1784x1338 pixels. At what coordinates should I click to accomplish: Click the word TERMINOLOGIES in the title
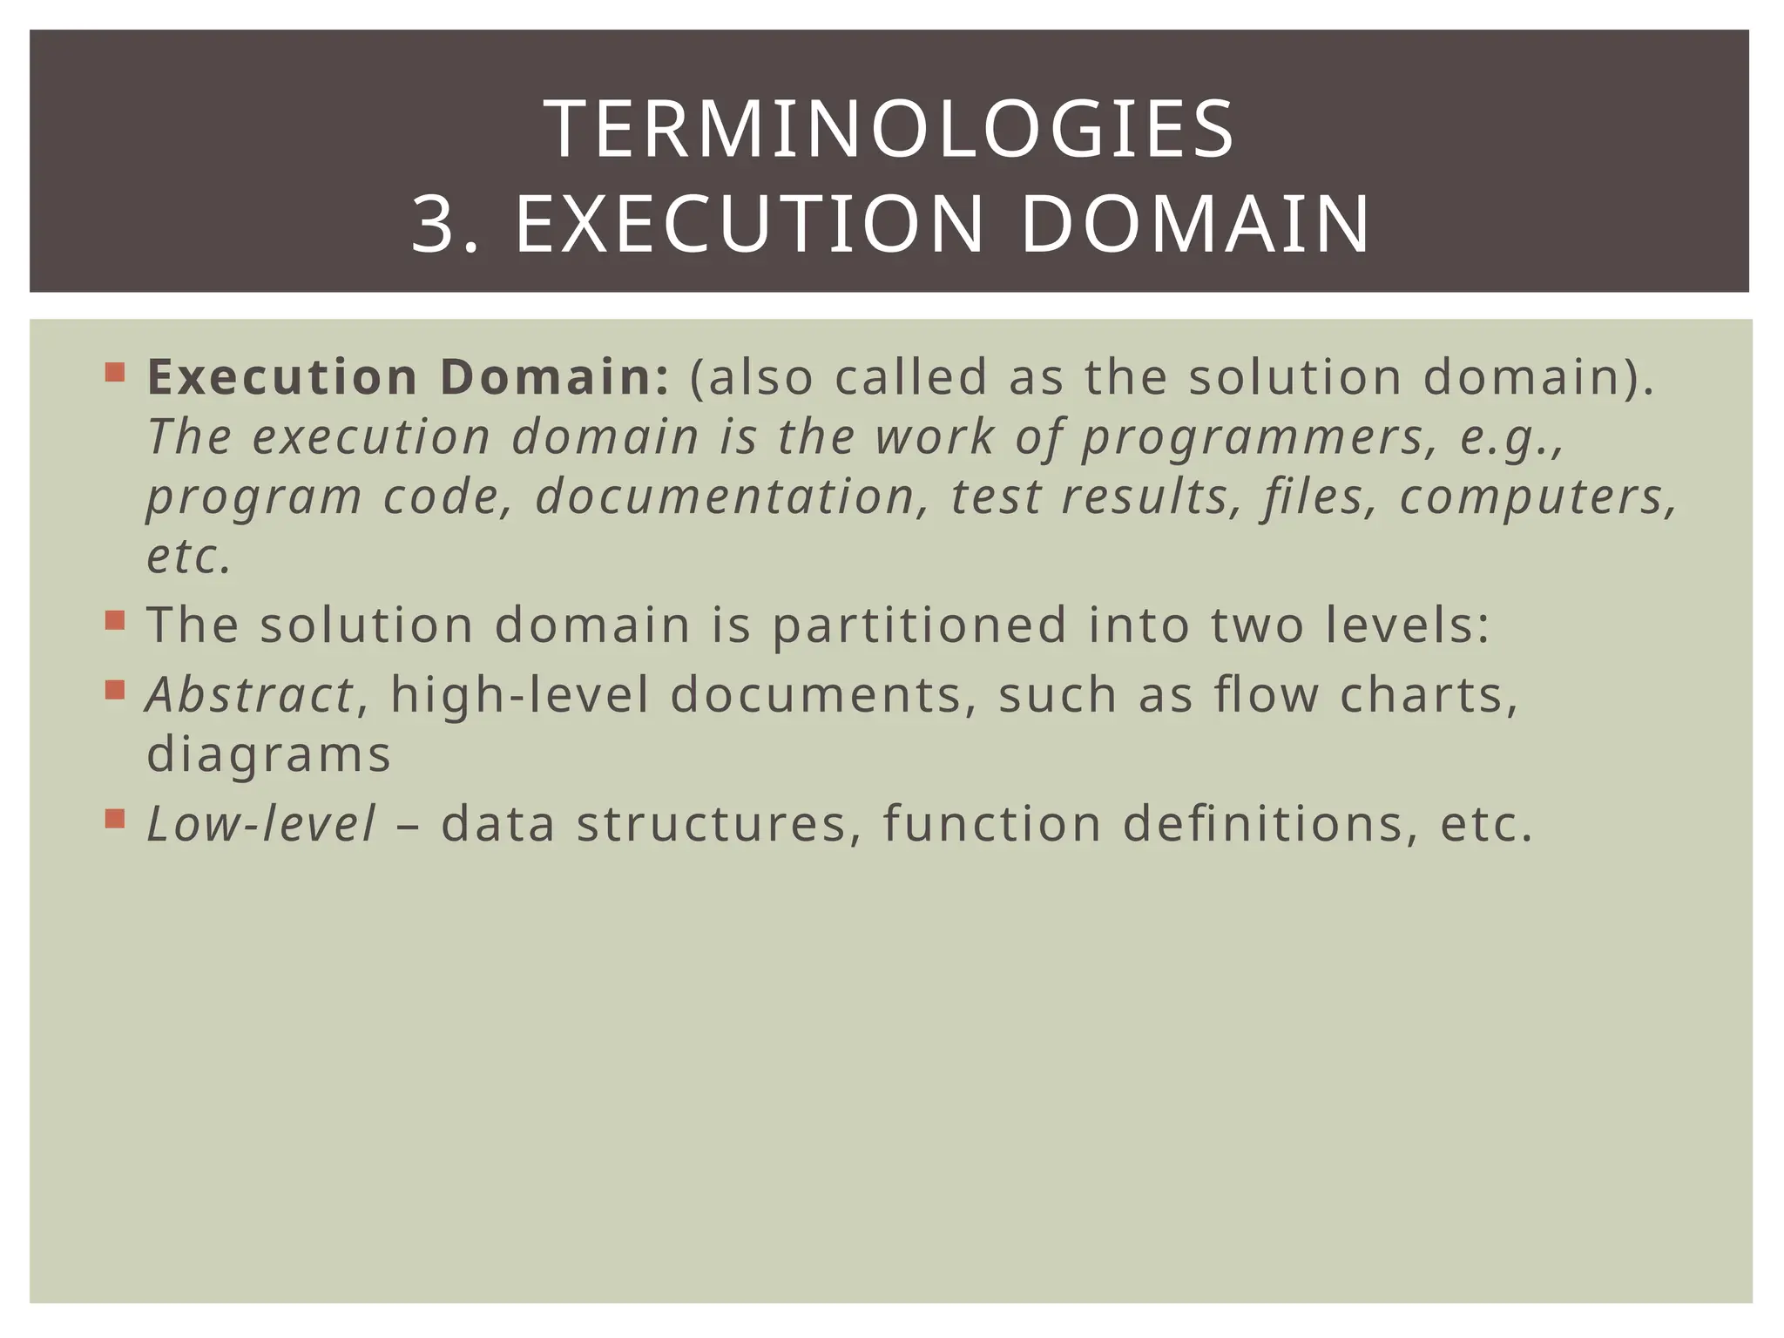(889, 131)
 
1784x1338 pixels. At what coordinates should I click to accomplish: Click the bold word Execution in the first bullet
(282, 377)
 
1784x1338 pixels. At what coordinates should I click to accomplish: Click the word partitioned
(920, 626)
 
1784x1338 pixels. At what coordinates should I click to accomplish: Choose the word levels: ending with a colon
(1409, 626)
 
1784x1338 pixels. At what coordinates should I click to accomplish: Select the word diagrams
(268, 755)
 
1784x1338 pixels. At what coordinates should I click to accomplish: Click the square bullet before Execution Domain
(114, 373)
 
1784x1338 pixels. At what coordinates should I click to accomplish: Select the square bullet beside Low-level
(114, 820)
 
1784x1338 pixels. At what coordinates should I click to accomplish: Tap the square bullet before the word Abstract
(114, 691)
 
